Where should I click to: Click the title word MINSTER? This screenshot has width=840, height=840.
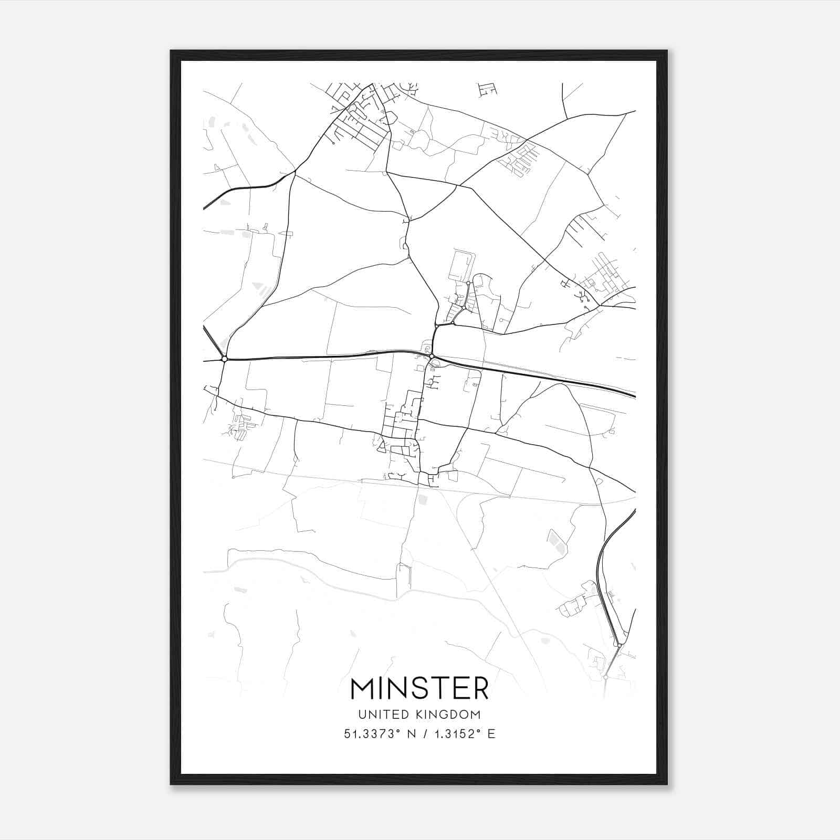click(419, 688)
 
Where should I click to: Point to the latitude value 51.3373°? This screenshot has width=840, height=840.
click(373, 734)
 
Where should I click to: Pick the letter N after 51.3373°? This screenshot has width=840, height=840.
click(412, 734)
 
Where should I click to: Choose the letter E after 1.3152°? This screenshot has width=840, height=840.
click(491, 734)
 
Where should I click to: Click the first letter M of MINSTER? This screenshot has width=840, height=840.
click(362, 688)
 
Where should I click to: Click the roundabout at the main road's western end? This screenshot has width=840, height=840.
click(224, 359)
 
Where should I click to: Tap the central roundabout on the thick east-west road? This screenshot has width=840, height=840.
click(432, 357)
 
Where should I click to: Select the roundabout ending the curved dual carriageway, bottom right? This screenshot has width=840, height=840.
click(620, 645)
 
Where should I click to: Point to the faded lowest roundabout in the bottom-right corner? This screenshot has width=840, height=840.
click(606, 678)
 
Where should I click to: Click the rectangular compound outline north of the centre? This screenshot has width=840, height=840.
click(461, 265)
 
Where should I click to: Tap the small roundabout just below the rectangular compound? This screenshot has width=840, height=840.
click(468, 283)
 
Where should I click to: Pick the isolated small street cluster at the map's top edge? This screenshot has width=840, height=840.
click(487, 90)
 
